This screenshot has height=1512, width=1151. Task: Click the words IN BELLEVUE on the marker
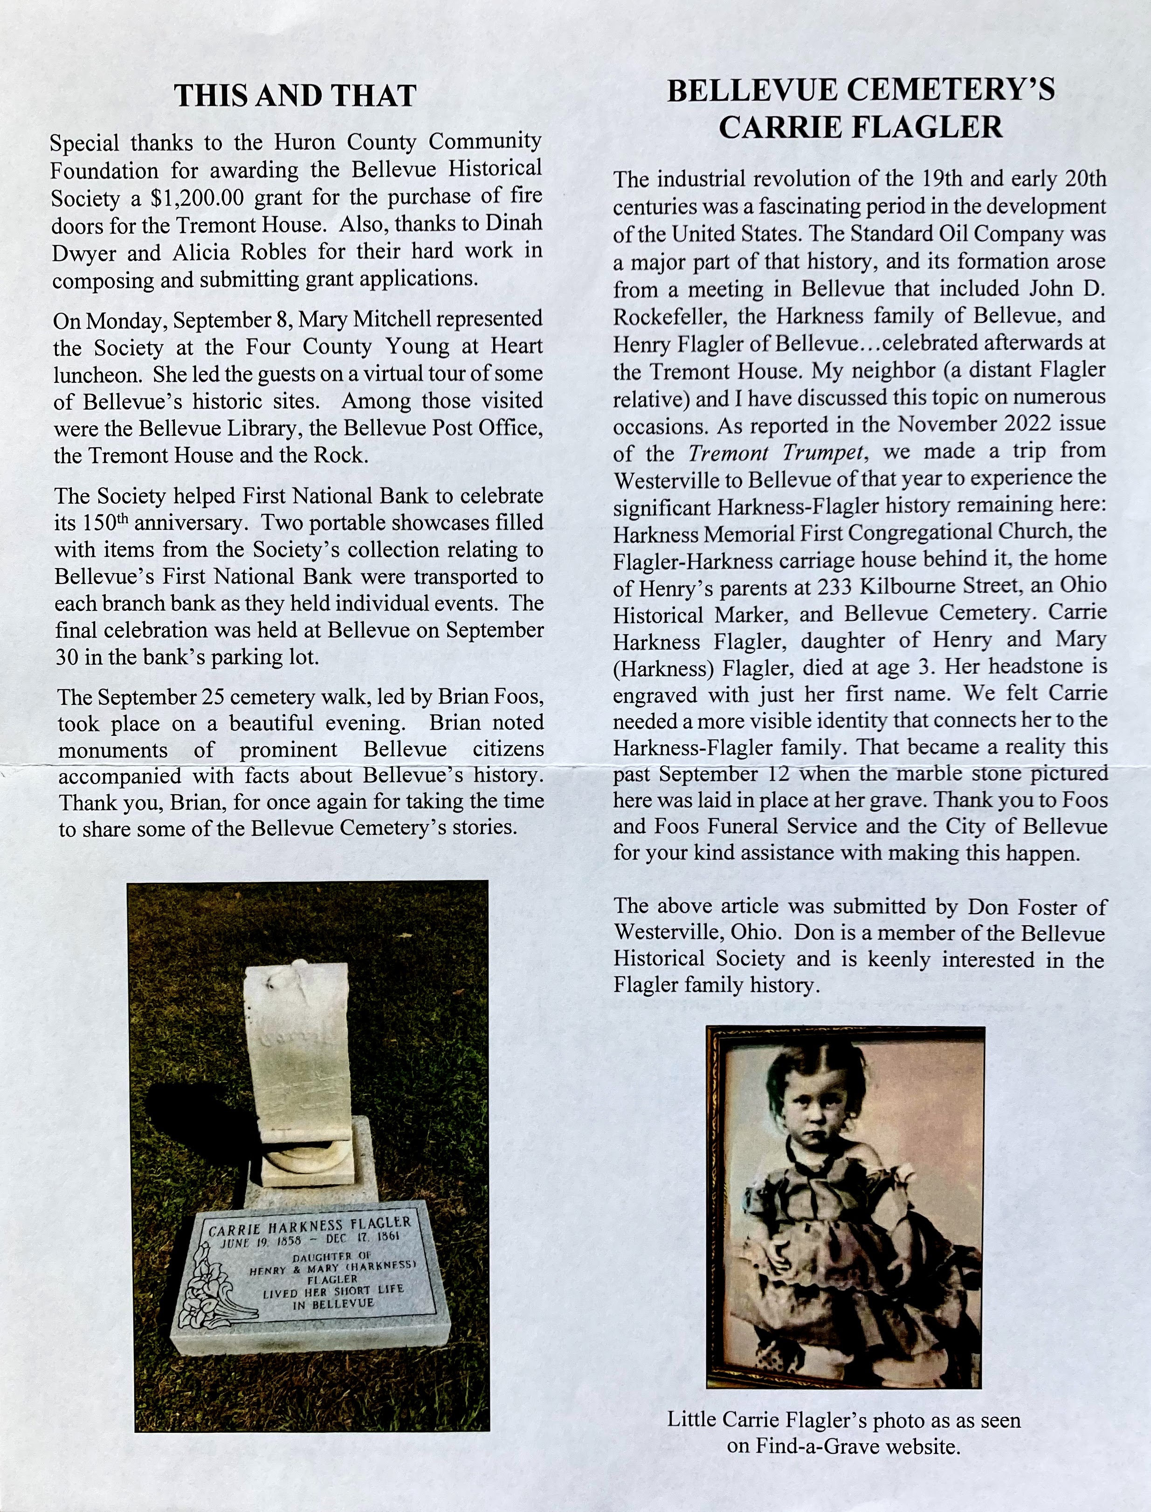[334, 1304]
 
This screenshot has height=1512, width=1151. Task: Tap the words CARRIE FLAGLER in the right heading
[861, 127]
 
